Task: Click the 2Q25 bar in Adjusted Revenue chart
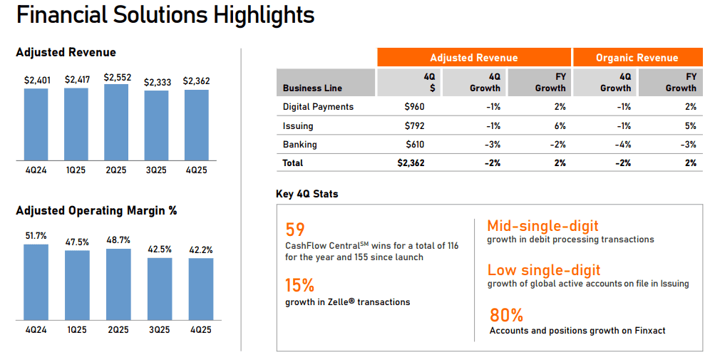click(116, 123)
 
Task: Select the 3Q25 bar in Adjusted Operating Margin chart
click(160, 289)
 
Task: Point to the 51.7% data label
click(36, 236)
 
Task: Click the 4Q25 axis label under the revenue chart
click(196, 170)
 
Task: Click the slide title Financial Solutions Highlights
click(165, 15)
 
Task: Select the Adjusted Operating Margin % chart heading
click(96, 211)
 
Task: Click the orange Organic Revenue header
click(637, 58)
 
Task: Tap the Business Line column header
click(312, 88)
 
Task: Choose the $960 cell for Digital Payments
click(414, 107)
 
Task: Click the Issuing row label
click(298, 126)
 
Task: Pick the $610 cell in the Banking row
click(414, 145)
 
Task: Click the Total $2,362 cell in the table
click(411, 163)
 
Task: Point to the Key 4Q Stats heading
click(307, 194)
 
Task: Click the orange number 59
click(295, 230)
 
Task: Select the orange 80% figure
click(506, 314)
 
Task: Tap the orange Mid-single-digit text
click(542, 227)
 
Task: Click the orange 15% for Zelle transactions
click(299, 285)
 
